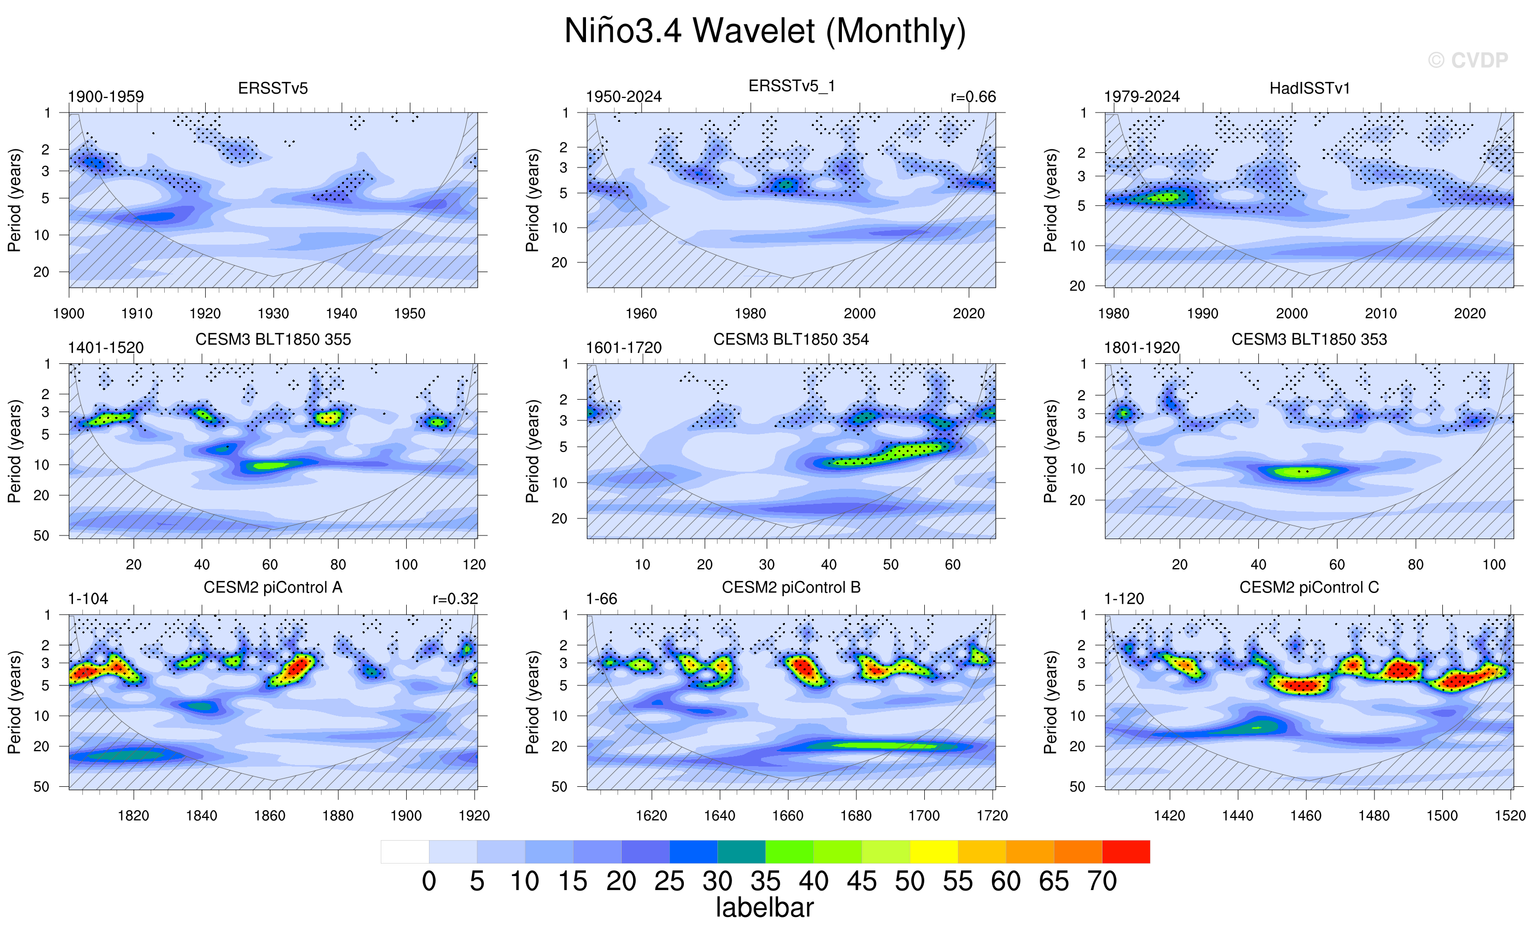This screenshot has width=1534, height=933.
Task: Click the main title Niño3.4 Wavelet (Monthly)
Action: (x=765, y=31)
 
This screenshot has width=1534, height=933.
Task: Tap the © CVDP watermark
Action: (x=1468, y=61)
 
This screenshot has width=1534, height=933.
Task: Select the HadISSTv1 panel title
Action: (x=1310, y=89)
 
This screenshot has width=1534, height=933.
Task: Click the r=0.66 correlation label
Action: (x=973, y=96)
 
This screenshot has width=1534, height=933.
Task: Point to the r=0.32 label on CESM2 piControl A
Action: (x=455, y=599)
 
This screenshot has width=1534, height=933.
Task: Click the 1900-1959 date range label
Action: (x=106, y=96)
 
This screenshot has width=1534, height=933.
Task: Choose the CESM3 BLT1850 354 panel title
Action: (x=791, y=340)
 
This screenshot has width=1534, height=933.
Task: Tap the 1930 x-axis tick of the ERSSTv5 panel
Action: (x=274, y=313)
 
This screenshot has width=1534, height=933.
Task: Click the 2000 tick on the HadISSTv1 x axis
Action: (x=1292, y=313)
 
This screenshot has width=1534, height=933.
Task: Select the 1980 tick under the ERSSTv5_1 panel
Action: (x=750, y=313)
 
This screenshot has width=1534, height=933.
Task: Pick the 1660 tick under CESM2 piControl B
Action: (x=787, y=815)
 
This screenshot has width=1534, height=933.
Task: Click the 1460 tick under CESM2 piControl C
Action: (x=1306, y=815)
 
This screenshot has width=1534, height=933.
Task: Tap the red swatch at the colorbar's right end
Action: (x=1126, y=852)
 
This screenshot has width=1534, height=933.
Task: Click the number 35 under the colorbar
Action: (x=765, y=881)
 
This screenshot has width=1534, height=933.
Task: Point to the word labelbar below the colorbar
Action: (x=765, y=908)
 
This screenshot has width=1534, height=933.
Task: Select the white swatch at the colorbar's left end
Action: (x=405, y=852)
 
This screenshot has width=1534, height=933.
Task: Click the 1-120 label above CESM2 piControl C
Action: (x=1124, y=599)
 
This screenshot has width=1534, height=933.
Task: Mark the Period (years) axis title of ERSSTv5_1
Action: (x=532, y=200)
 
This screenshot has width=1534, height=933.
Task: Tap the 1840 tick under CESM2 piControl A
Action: (x=202, y=815)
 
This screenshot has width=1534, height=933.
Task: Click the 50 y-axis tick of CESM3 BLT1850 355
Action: (x=41, y=535)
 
